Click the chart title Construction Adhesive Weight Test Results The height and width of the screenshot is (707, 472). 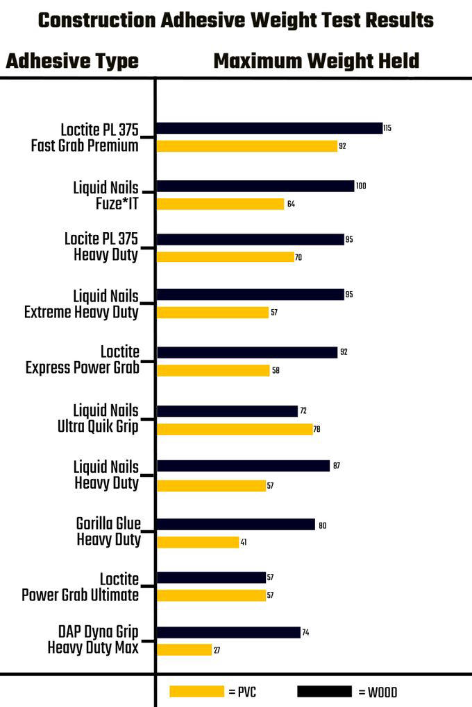pyautogui.click(x=236, y=20)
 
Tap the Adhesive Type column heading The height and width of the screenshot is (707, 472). pyautogui.click(x=72, y=61)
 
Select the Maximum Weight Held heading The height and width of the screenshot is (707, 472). pyautogui.click(x=316, y=61)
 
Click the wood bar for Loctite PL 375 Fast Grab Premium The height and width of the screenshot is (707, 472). pyautogui.click(x=269, y=128)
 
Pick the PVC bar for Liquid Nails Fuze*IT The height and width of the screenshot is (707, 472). pyautogui.click(x=221, y=204)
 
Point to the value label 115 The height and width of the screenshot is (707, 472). pyautogui.click(x=387, y=128)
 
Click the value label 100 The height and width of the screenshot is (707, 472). pyautogui.click(x=360, y=186)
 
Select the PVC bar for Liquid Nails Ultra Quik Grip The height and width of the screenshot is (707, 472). pyautogui.click(x=235, y=429)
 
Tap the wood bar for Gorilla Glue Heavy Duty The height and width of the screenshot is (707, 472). pyautogui.click(x=236, y=525)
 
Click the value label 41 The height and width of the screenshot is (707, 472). pyautogui.click(x=244, y=543)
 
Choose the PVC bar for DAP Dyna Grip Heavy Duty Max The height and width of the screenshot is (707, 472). pyautogui.click(x=184, y=650)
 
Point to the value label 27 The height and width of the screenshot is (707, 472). pyautogui.click(x=217, y=650)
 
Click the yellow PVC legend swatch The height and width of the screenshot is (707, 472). pyautogui.click(x=196, y=691)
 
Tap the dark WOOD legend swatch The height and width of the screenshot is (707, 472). pyautogui.click(x=324, y=691)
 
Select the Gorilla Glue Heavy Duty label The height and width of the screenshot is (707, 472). pyautogui.click(x=108, y=531)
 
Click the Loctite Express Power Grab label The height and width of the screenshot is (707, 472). pyautogui.click(x=83, y=359)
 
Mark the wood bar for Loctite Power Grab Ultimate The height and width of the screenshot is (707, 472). pyautogui.click(x=211, y=577)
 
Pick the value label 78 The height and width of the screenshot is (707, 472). pyautogui.click(x=317, y=429)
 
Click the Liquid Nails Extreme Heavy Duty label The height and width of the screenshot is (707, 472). pyautogui.click(x=81, y=304)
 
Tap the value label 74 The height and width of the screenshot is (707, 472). pyautogui.click(x=305, y=632)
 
